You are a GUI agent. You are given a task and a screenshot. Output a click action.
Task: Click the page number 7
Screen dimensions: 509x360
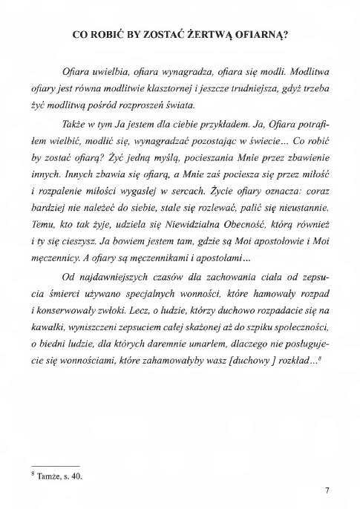point(326,491)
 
